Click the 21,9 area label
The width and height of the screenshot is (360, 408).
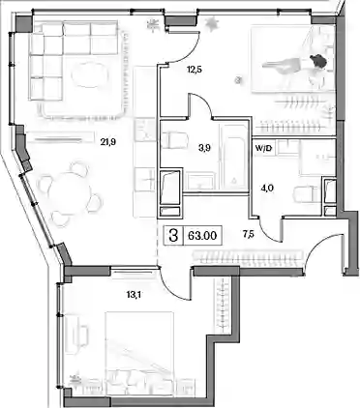click(x=107, y=141)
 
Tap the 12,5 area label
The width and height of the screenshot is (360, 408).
click(x=195, y=69)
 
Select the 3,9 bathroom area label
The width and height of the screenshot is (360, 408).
click(x=205, y=148)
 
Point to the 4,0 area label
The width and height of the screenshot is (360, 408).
click(x=267, y=188)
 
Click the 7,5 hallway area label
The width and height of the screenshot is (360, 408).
click(x=249, y=234)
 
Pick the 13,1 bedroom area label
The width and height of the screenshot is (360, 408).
click(x=133, y=294)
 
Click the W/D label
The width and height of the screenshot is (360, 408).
click(x=264, y=150)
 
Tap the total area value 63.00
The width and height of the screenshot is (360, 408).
click(x=202, y=236)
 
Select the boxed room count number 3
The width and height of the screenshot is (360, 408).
click(x=174, y=236)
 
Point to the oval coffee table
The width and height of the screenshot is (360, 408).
click(x=88, y=75)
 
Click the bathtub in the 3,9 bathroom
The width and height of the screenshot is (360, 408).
click(x=232, y=157)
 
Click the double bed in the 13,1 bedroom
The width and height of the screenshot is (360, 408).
click(x=139, y=353)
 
